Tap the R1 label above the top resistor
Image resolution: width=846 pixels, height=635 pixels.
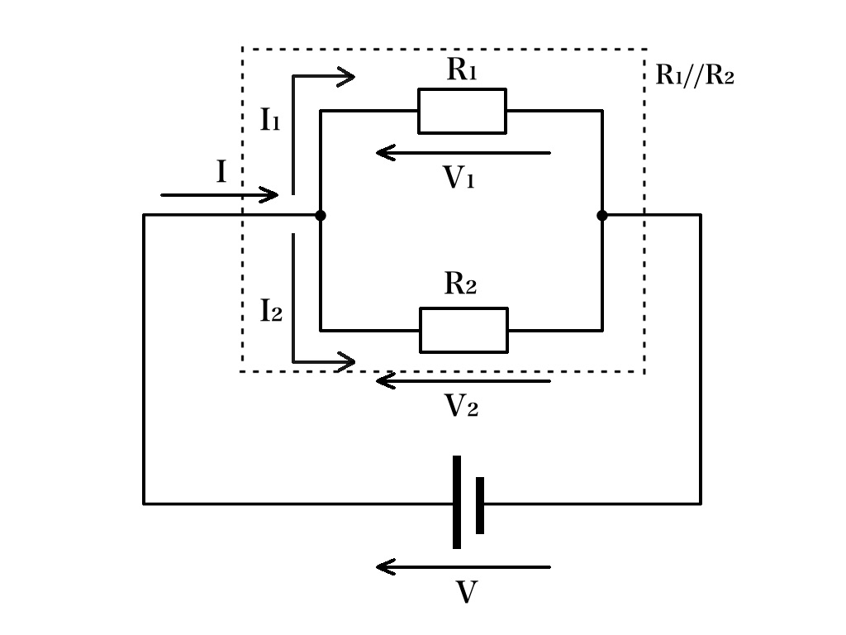click(462, 69)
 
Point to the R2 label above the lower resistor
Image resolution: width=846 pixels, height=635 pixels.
click(460, 283)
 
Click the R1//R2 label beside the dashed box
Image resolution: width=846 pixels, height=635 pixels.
click(694, 74)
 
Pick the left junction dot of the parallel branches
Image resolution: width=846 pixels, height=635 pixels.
click(321, 216)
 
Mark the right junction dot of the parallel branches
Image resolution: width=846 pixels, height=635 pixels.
click(602, 216)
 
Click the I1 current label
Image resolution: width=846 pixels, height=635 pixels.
click(270, 119)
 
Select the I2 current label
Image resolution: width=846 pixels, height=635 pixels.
click(271, 311)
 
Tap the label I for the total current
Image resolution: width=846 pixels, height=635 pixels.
click(221, 172)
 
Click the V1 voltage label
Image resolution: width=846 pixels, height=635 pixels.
click(459, 177)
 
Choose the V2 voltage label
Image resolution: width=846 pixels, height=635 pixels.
click(461, 405)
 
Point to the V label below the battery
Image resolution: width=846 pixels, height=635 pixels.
click(466, 592)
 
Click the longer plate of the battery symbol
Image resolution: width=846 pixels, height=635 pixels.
click(456, 502)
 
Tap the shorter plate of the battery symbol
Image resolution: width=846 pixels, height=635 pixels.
click(480, 505)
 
